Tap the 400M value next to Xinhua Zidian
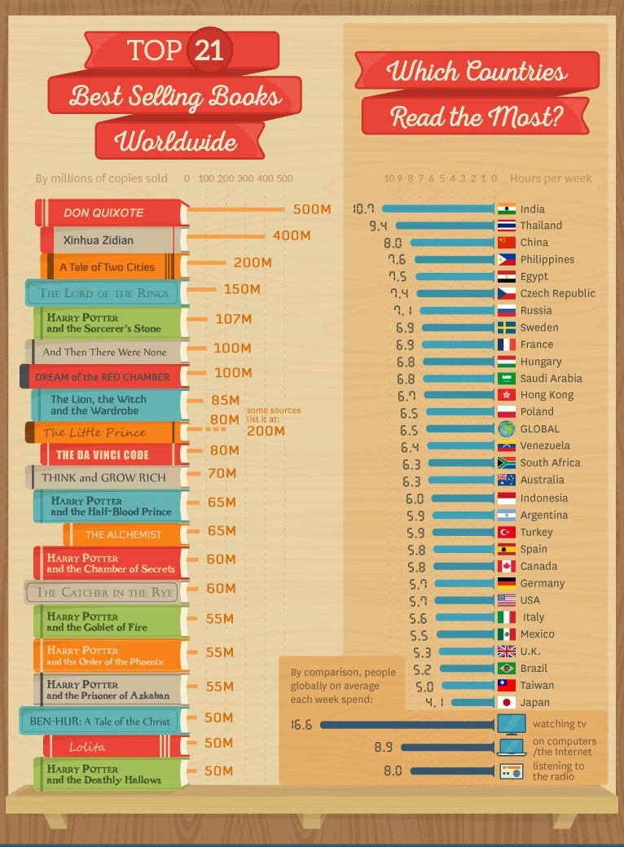[292, 235]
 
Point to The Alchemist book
[125, 534]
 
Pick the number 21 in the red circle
[209, 51]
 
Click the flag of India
[506, 208]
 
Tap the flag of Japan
[506, 702]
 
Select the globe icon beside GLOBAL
[506, 428]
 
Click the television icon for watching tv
[512, 723]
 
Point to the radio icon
[511, 771]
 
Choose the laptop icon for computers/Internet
[512, 747]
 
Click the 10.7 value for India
[363, 208]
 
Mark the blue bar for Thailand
[445, 226]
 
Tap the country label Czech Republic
[557, 293]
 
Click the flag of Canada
[506, 566]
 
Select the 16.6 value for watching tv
[301, 724]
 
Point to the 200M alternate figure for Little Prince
[266, 430]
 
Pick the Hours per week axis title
[551, 178]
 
